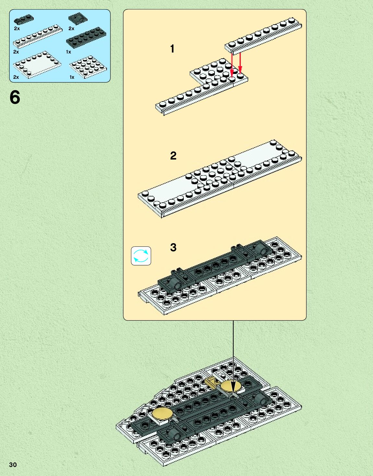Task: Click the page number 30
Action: click(13, 465)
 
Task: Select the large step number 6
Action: click(15, 97)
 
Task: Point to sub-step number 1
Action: click(172, 49)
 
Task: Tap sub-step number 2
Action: click(173, 156)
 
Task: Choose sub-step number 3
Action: click(173, 247)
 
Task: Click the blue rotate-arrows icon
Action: click(141, 256)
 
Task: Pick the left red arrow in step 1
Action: click(232, 65)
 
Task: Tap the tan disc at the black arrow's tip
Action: click(231, 386)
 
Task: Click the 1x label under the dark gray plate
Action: click(68, 52)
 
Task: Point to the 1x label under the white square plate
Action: click(72, 77)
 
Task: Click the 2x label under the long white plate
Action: click(16, 52)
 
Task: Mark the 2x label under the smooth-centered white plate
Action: click(16, 77)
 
